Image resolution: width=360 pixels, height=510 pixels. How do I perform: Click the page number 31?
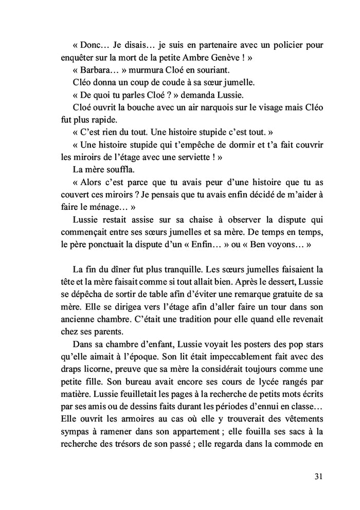point(318,476)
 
